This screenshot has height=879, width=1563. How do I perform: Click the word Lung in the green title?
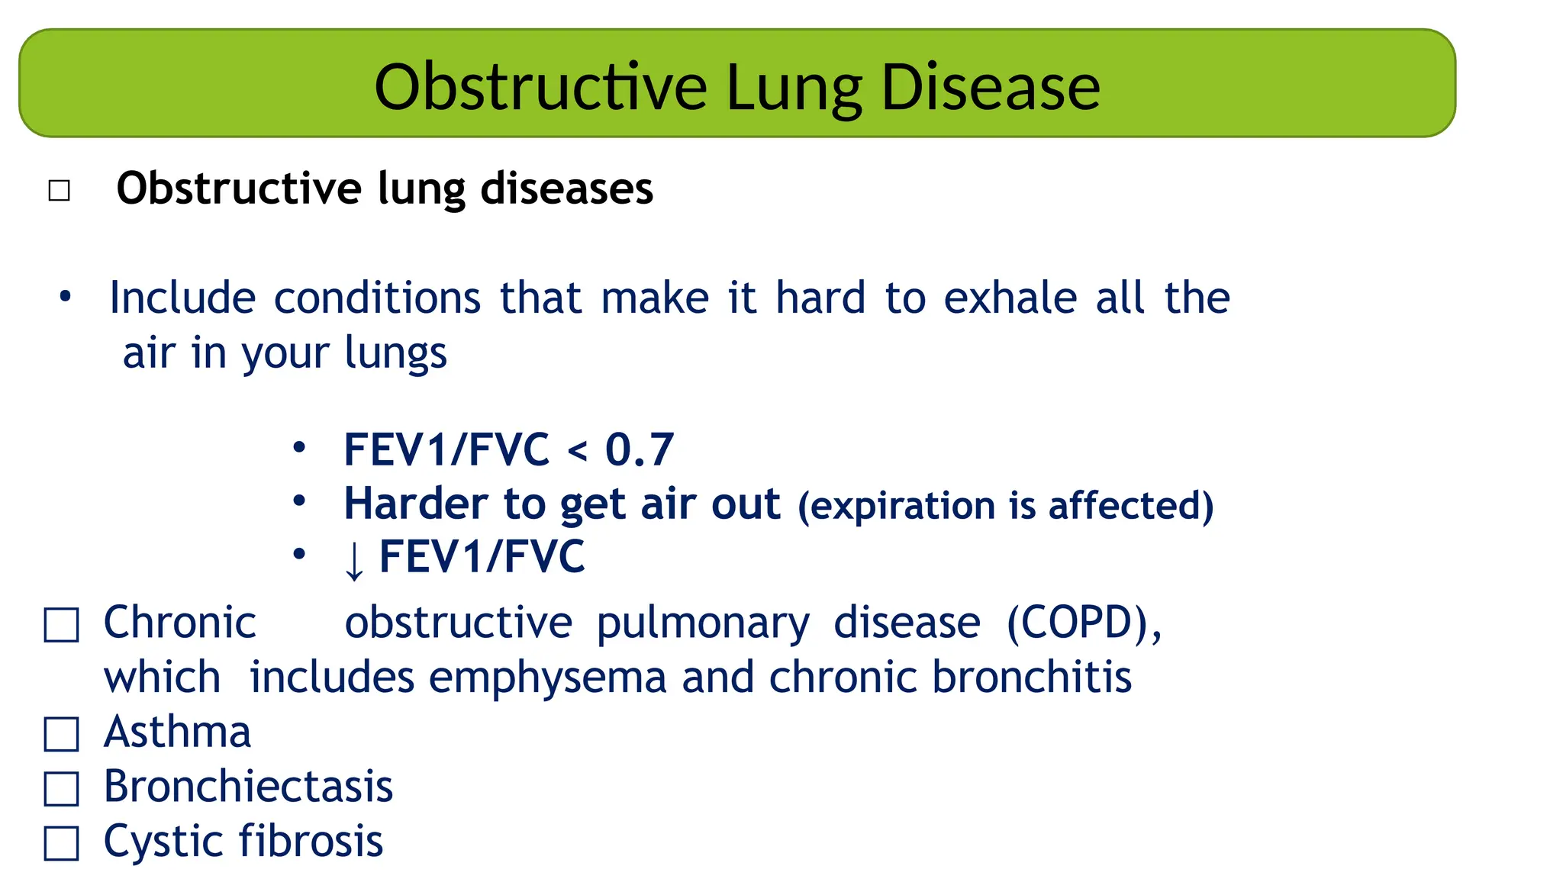[x=794, y=89]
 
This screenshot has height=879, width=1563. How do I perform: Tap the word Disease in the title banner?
[x=991, y=87]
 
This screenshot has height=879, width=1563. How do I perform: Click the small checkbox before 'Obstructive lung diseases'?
[x=59, y=190]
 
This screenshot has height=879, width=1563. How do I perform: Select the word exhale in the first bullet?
[x=1010, y=298]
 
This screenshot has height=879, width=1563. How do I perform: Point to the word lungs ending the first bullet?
[x=395, y=353]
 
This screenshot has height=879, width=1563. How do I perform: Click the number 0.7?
[x=640, y=449]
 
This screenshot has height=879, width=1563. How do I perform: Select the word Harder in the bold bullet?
[x=415, y=504]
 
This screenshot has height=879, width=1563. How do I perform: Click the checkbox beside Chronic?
[x=61, y=625]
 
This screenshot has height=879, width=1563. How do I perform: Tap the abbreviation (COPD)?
[x=1084, y=623]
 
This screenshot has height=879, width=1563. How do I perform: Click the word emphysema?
[x=547, y=678]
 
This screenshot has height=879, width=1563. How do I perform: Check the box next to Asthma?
[x=61, y=734]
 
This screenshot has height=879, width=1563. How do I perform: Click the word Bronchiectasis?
[x=248, y=787]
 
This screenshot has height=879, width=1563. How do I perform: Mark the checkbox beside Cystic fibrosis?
[x=61, y=843]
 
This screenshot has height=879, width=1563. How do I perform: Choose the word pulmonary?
[x=702, y=624]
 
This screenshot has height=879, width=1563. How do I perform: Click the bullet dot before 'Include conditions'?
[x=66, y=296]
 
